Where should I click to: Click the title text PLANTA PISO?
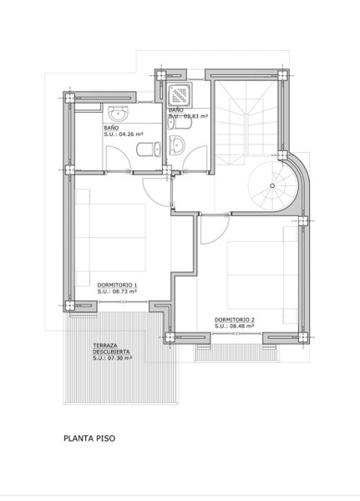pos(89,438)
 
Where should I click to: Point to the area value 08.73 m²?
pos(124,291)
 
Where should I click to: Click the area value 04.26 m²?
pos(130,134)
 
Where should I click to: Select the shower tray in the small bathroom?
pos(180,94)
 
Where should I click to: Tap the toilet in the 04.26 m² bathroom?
pos(149,149)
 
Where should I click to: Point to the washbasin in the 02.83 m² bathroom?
pos(176,144)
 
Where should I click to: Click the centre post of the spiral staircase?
pos(272,185)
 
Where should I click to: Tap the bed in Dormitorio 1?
pos(110,237)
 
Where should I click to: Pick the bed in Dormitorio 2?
pos(263,275)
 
